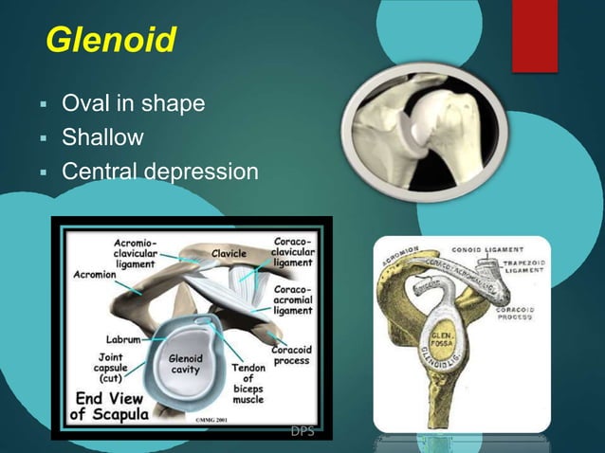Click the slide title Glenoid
pyautogui.click(x=111, y=42)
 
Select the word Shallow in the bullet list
pyautogui.click(x=102, y=138)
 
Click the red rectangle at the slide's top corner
pyautogui.click(x=534, y=33)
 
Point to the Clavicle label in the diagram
pyautogui.click(x=229, y=254)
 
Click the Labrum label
pyautogui.click(x=124, y=336)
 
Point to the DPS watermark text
pyautogui.click(x=304, y=432)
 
